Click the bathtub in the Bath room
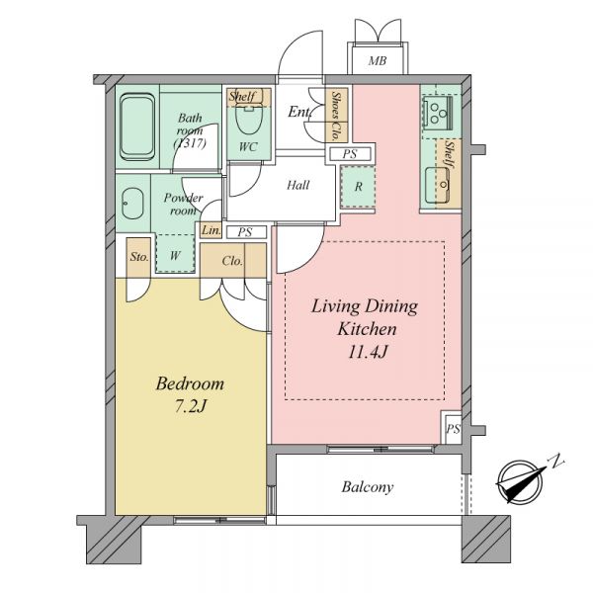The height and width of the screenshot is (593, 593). pyautogui.click(x=137, y=127)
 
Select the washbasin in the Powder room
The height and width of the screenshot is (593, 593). pyautogui.click(x=132, y=204)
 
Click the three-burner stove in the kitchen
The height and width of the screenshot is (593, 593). pyautogui.click(x=438, y=111)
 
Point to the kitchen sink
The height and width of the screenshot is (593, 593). pyautogui.click(x=437, y=186)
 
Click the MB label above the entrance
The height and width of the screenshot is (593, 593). pyautogui.click(x=378, y=60)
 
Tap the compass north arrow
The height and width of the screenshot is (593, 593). pyautogui.click(x=522, y=480)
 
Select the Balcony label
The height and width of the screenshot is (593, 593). pyautogui.click(x=368, y=486)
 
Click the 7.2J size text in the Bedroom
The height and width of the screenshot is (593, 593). pyautogui.click(x=191, y=406)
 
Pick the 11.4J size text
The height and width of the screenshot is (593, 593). pyautogui.click(x=368, y=352)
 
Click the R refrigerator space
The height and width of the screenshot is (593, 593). pyautogui.click(x=358, y=187)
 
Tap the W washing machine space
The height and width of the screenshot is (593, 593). pyautogui.click(x=175, y=253)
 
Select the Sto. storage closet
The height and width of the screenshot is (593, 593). pyautogui.click(x=138, y=257)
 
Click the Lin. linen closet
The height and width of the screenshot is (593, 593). pyautogui.click(x=211, y=230)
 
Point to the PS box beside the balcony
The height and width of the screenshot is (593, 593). pyautogui.click(x=452, y=428)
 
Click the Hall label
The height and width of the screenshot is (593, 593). pyautogui.click(x=298, y=185)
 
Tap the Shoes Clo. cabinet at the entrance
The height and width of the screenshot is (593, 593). pyautogui.click(x=336, y=116)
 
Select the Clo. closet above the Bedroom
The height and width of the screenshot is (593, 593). pyautogui.click(x=233, y=261)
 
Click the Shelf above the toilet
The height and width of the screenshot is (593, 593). pyautogui.click(x=249, y=97)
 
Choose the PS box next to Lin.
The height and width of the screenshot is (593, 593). pyautogui.click(x=246, y=232)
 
